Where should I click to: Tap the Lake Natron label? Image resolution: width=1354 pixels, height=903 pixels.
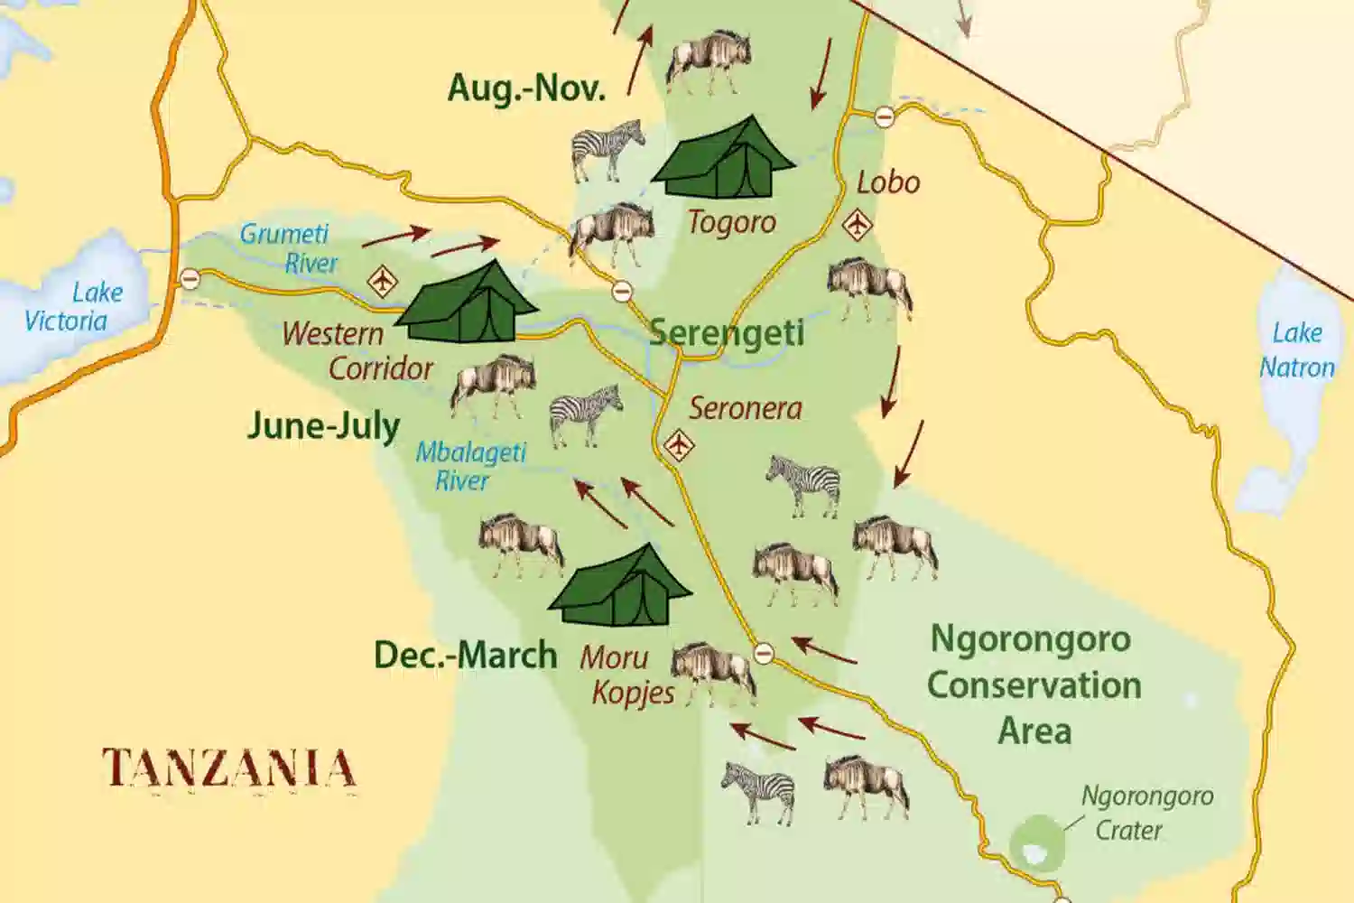pos(1296,350)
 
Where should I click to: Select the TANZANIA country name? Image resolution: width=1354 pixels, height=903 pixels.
pos(229,768)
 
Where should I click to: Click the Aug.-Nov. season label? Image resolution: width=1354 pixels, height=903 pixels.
pos(526,88)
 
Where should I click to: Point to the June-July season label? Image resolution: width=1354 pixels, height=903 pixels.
pos(323,425)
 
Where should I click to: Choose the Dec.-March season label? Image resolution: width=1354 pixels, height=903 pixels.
pos(465,655)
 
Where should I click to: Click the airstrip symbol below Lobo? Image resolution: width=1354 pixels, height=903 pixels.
pos(857,224)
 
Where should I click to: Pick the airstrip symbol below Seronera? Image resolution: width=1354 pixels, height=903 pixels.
pos(679,445)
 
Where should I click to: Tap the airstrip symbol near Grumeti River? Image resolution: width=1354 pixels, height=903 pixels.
pos(383,282)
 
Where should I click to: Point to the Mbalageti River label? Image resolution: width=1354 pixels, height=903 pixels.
pos(469,466)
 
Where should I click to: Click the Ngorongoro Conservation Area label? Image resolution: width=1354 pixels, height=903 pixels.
pos(1034,684)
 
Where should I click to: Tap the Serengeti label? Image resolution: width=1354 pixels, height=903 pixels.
pos(727,332)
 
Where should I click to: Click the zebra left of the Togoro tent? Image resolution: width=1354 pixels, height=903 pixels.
pos(608,149)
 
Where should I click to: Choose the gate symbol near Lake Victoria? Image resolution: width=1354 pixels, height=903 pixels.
pos(190,279)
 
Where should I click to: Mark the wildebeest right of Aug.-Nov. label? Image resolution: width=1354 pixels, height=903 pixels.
pos(709,61)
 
